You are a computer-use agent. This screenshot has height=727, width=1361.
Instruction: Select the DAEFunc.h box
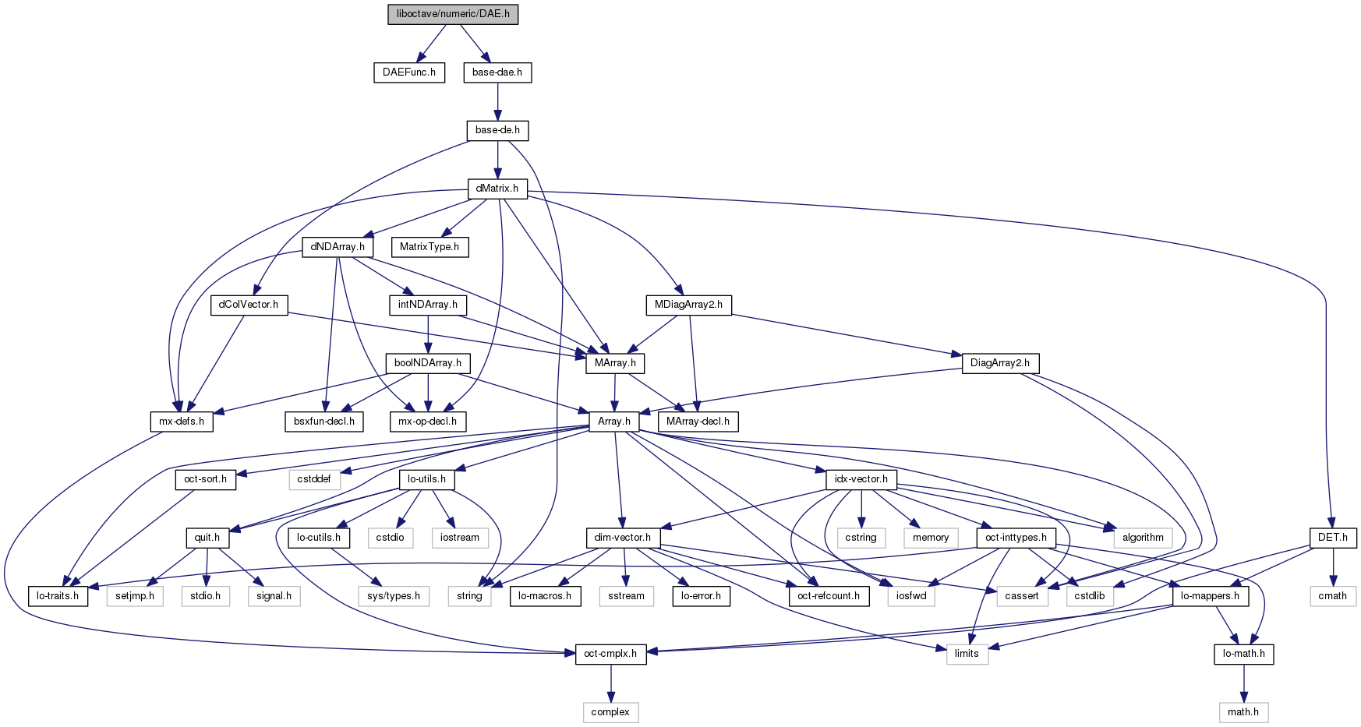coord(409,72)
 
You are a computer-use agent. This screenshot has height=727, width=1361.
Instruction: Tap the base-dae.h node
coord(497,72)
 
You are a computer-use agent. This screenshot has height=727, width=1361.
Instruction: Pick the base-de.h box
coord(497,130)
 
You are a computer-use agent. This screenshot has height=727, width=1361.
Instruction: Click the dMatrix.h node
coord(497,189)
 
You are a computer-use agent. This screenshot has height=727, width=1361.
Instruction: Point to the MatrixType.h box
coord(430,247)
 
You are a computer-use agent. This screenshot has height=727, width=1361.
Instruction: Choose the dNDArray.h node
coord(338,247)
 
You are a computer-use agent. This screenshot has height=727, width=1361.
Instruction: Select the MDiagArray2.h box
coord(689,305)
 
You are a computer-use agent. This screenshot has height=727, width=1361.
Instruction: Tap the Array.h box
coord(614,422)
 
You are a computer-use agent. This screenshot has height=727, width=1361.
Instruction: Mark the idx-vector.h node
coord(861,479)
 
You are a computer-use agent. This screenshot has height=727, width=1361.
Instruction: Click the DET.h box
coord(1333,538)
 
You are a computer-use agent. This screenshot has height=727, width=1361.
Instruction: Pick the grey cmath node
coord(1333,596)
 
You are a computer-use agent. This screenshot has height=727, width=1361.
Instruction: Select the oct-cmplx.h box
coord(610,654)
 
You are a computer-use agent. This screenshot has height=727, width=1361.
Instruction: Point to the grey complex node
coord(610,712)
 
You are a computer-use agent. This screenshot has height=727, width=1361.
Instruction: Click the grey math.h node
coord(1243,712)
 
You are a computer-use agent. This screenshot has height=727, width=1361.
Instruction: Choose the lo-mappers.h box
coord(1211,596)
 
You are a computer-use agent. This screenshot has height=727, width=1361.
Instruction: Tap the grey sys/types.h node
coord(394,596)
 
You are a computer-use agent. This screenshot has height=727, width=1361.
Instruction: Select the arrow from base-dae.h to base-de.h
coord(497,101)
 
